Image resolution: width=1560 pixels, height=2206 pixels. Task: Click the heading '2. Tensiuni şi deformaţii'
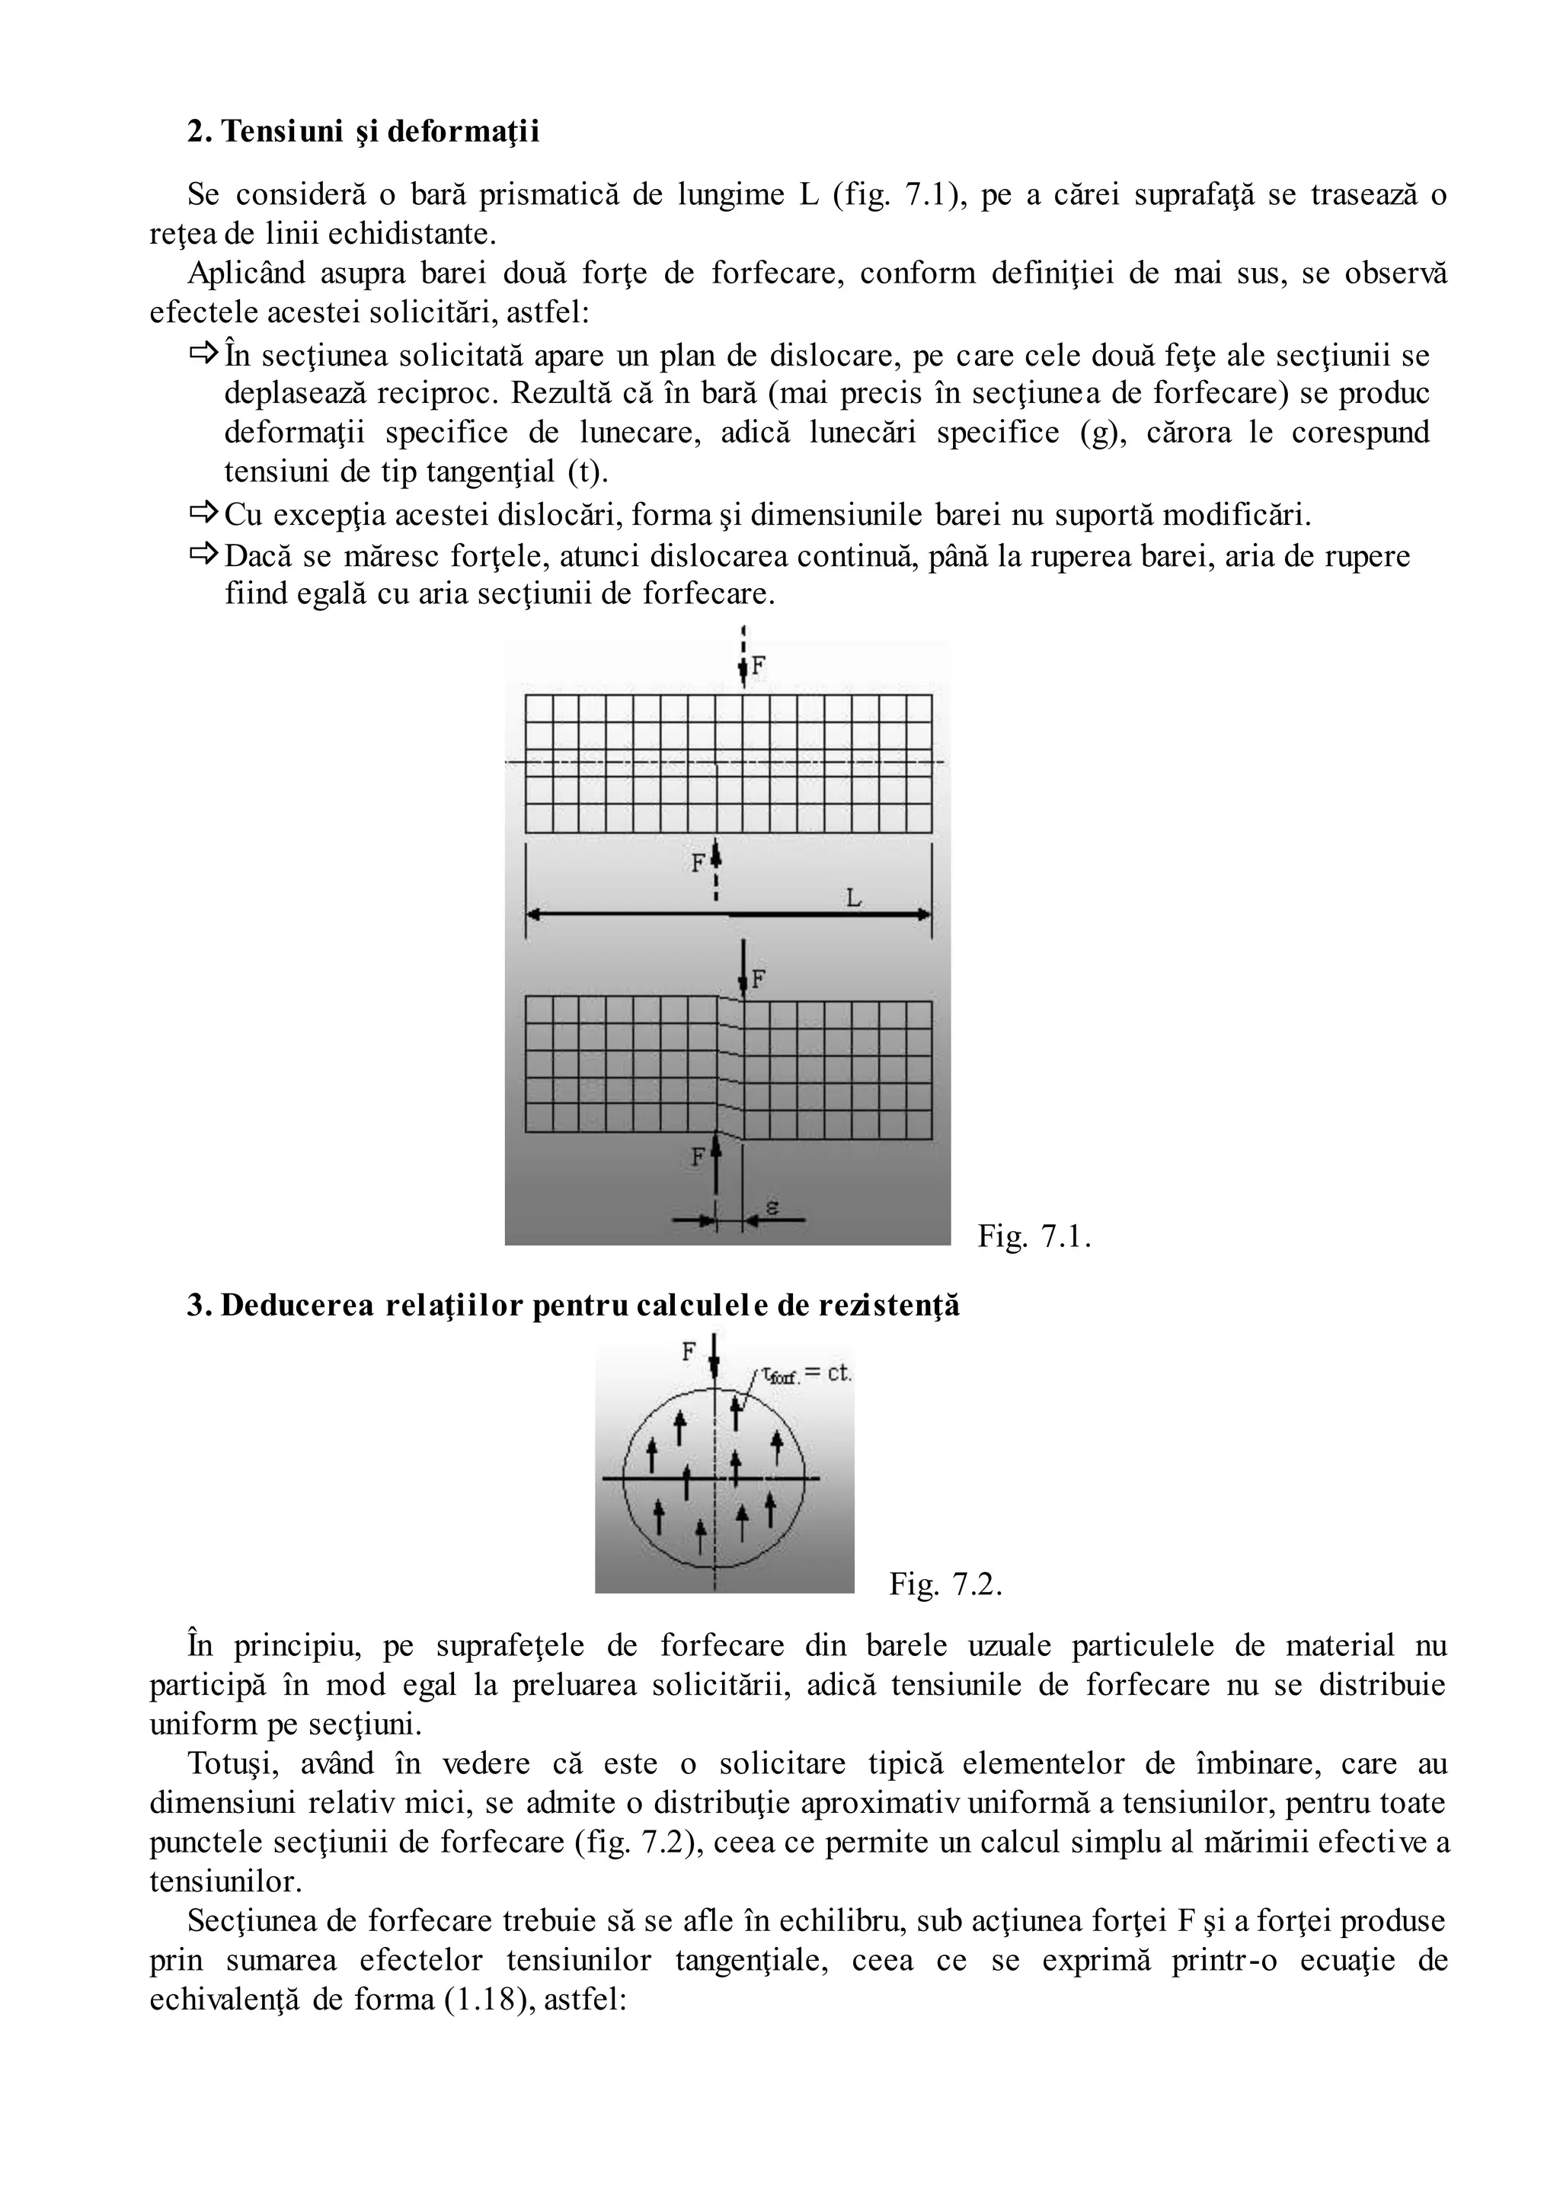(x=363, y=132)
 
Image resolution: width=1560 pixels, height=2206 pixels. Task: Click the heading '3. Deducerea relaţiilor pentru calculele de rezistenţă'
(x=574, y=1306)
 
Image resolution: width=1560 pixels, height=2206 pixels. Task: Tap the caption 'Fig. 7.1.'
(x=1034, y=1236)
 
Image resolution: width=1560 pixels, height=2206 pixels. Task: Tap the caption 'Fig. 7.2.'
(x=945, y=1584)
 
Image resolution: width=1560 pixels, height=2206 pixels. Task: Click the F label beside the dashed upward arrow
(x=698, y=863)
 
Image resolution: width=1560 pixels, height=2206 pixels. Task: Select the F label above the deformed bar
(x=758, y=979)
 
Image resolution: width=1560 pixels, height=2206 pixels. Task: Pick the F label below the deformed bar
(x=698, y=1157)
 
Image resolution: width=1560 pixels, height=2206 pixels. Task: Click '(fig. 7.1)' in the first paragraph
(x=897, y=195)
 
